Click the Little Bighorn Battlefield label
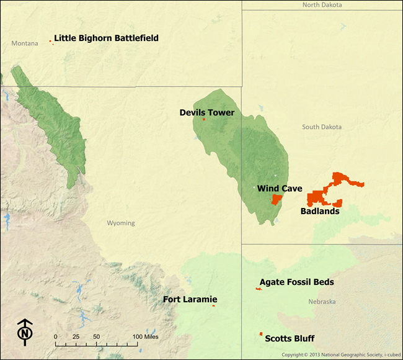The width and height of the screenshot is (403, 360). click(106, 38)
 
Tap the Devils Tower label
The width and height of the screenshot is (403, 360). click(207, 113)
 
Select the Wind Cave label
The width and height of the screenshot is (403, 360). click(280, 189)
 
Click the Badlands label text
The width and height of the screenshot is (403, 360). click(320, 211)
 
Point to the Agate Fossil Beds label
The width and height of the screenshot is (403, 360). click(297, 282)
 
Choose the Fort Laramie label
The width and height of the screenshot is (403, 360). click(190, 300)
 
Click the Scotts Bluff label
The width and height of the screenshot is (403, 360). click(290, 339)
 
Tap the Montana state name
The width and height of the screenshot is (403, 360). click(25, 43)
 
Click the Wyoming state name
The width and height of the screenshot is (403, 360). click(121, 223)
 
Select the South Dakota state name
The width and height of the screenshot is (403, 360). click(322, 127)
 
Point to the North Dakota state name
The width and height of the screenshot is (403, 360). click(322, 5)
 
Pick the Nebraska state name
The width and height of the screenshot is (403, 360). click(322, 302)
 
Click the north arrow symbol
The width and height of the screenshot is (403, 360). click(25, 332)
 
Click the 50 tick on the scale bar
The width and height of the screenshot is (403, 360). click(96, 336)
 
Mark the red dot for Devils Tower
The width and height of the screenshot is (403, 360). click(204, 119)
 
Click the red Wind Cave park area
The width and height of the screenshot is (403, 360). click(277, 199)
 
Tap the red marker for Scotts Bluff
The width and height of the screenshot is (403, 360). click(261, 334)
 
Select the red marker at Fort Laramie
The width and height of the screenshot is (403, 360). click(213, 305)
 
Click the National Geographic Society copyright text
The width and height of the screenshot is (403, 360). click(340, 355)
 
